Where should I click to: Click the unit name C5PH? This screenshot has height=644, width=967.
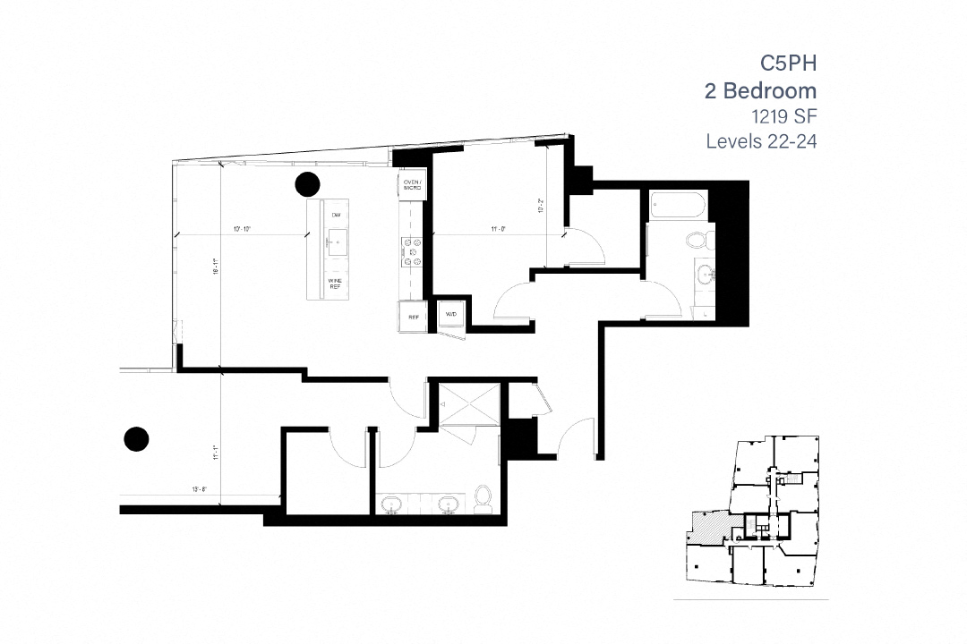pos(789,63)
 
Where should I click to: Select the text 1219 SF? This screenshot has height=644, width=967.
pos(783,115)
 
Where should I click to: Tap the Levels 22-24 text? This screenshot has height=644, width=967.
pos(761,141)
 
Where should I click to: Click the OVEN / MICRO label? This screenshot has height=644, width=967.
pos(413,185)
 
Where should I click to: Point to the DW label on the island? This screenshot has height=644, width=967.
pos(336,216)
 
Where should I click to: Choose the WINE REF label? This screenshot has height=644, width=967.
pos(336,284)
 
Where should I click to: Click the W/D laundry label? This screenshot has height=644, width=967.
pos(450,315)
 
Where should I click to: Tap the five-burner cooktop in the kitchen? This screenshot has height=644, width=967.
pos(413,252)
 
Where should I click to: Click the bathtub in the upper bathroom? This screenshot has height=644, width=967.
pos(676,207)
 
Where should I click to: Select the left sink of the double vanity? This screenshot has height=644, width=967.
pos(392,504)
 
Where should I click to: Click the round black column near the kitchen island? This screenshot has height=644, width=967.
pos(307,184)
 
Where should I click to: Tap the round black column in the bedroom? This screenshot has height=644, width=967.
pos(135,438)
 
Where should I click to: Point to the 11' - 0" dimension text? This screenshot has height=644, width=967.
pos(499,230)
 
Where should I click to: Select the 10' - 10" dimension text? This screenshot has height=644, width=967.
pos(241,230)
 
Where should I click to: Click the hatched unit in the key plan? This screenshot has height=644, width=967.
pos(707,528)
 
